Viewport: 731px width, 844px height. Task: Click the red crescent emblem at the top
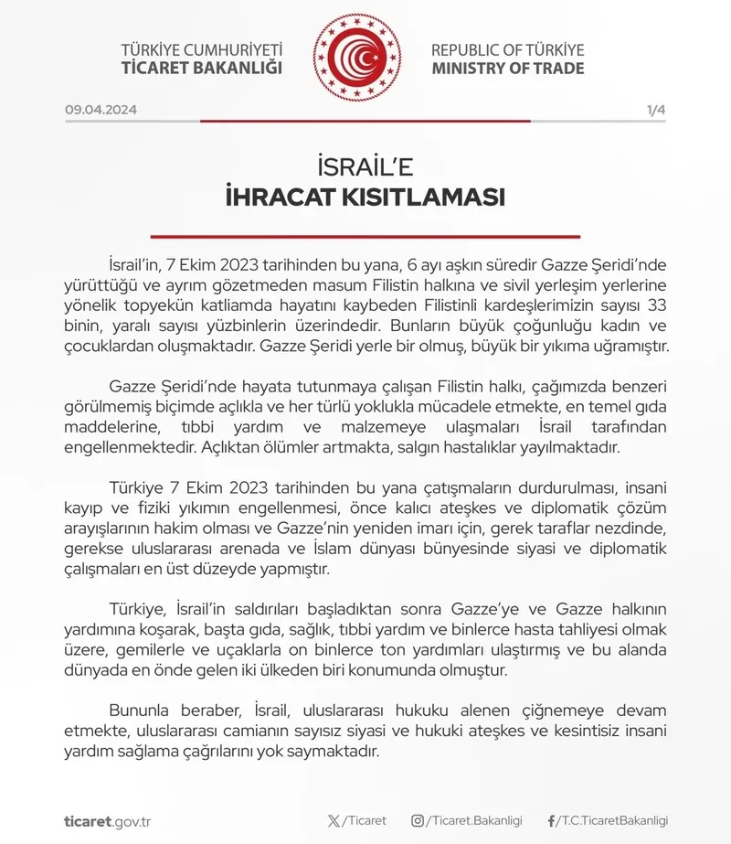[x=357, y=58]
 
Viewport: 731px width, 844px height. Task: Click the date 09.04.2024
[x=101, y=110]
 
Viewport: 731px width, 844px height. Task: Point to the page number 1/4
[x=656, y=110]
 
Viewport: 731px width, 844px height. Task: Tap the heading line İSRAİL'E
[x=365, y=167]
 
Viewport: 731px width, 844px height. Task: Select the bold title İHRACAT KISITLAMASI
[x=365, y=198]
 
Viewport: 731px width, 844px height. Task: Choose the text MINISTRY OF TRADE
[x=508, y=69]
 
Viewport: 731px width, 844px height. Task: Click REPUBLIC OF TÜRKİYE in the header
[x=508, y=49]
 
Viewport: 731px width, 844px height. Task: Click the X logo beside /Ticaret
[x=334, y=821]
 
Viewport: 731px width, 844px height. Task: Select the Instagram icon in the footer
[x=418, y=821]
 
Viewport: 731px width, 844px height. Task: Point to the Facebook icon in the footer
[x=551, y=821]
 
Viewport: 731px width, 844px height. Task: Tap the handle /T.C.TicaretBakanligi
[x=612, y=821]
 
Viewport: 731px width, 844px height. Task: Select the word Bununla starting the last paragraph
[x=140, y=710]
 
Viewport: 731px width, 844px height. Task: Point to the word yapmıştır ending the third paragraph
[x=297, y=569]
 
